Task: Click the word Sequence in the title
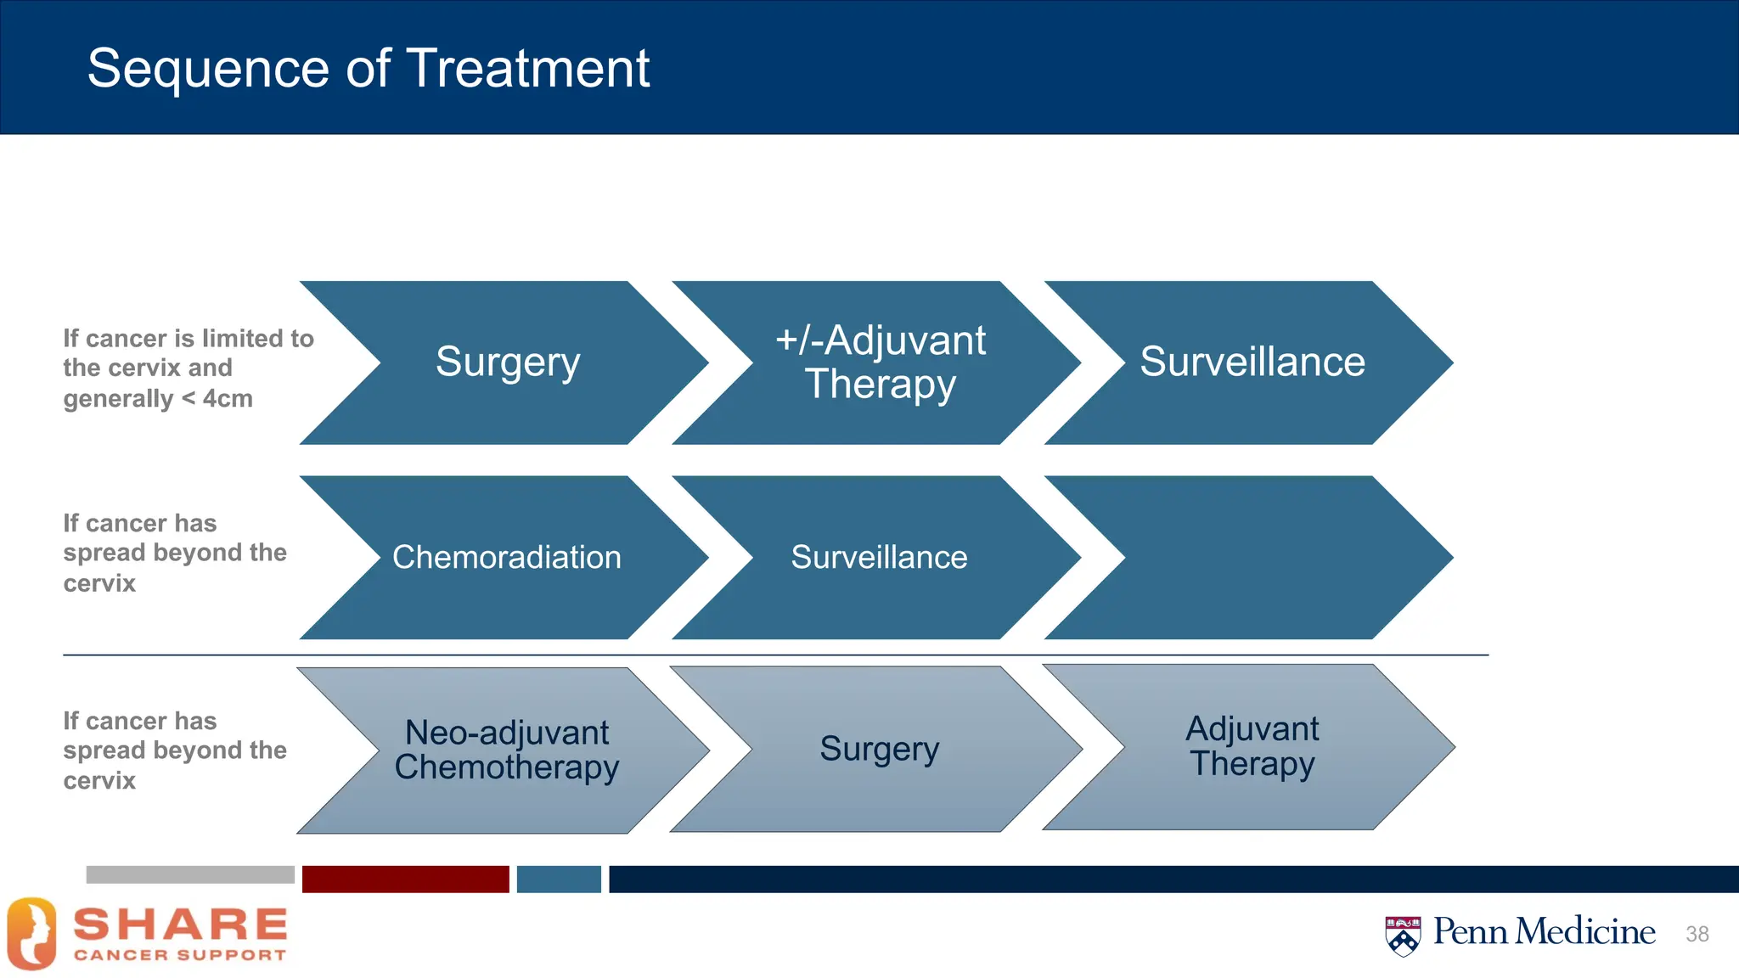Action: [208, 70]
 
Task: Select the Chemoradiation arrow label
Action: [507, 558]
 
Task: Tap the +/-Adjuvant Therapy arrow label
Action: [880, 362]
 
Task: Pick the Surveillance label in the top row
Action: [1252, 362]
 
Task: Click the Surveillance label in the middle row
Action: [879, 558]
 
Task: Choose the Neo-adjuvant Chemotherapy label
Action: [507, 750]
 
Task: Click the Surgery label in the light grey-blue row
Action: [879, 749]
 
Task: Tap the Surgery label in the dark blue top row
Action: [508, 362]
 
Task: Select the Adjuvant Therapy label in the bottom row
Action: [1252, 746]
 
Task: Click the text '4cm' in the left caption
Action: [228, 398]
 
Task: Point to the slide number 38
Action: [1697, 934]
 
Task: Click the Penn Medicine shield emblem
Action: [1403, 936]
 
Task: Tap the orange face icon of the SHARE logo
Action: [31, 934]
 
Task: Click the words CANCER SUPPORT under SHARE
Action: [180, 955]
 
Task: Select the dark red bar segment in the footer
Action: [405, 879]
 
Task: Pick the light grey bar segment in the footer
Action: [190, 875]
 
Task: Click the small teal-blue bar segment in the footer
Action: [559, 879]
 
